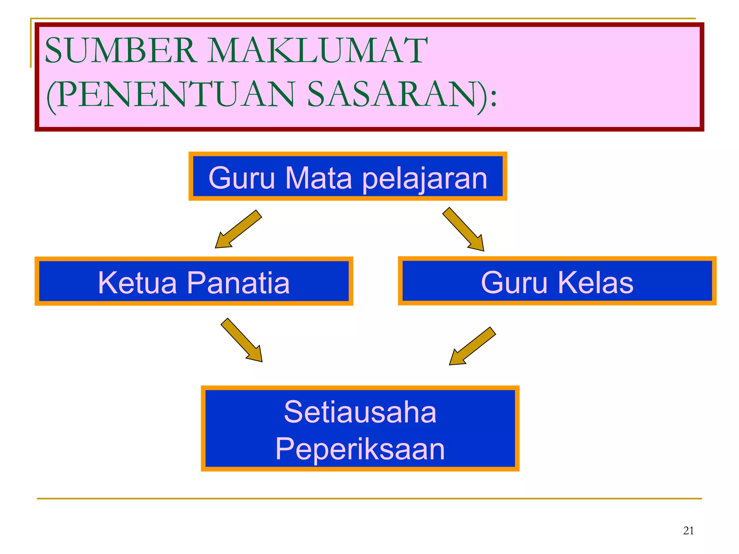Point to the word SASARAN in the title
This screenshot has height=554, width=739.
pyautogui.click(x=397, y=94)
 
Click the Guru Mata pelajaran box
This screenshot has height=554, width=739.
pyautogui.click(x=347, y=176)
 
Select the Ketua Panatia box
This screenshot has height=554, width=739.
pyautogui.click(x=194, y=282)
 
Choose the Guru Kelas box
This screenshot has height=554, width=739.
pyautogui.click(x=557, y=281)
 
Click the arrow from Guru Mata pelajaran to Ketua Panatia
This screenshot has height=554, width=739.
pyautogui.click(x=238, y=229)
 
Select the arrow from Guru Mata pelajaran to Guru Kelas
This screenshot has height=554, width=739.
pyautogui.click(x=464, y=229)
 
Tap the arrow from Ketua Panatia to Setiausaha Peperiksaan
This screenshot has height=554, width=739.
pyautogui.click(x=242, y=340)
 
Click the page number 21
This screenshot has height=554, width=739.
pyautogui.click(x=688, y=531)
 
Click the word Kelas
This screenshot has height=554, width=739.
pyautogui.click(x=596, y=283)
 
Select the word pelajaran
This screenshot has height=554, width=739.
pyautogui.click(x=425, y=179)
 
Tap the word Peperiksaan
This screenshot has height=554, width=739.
pyautogui.click(x=360, y=449)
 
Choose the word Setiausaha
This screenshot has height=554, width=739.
pyautogui.click(x=360, y=412)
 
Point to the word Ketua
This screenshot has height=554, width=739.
pyautogui.click(x=137, y=283)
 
